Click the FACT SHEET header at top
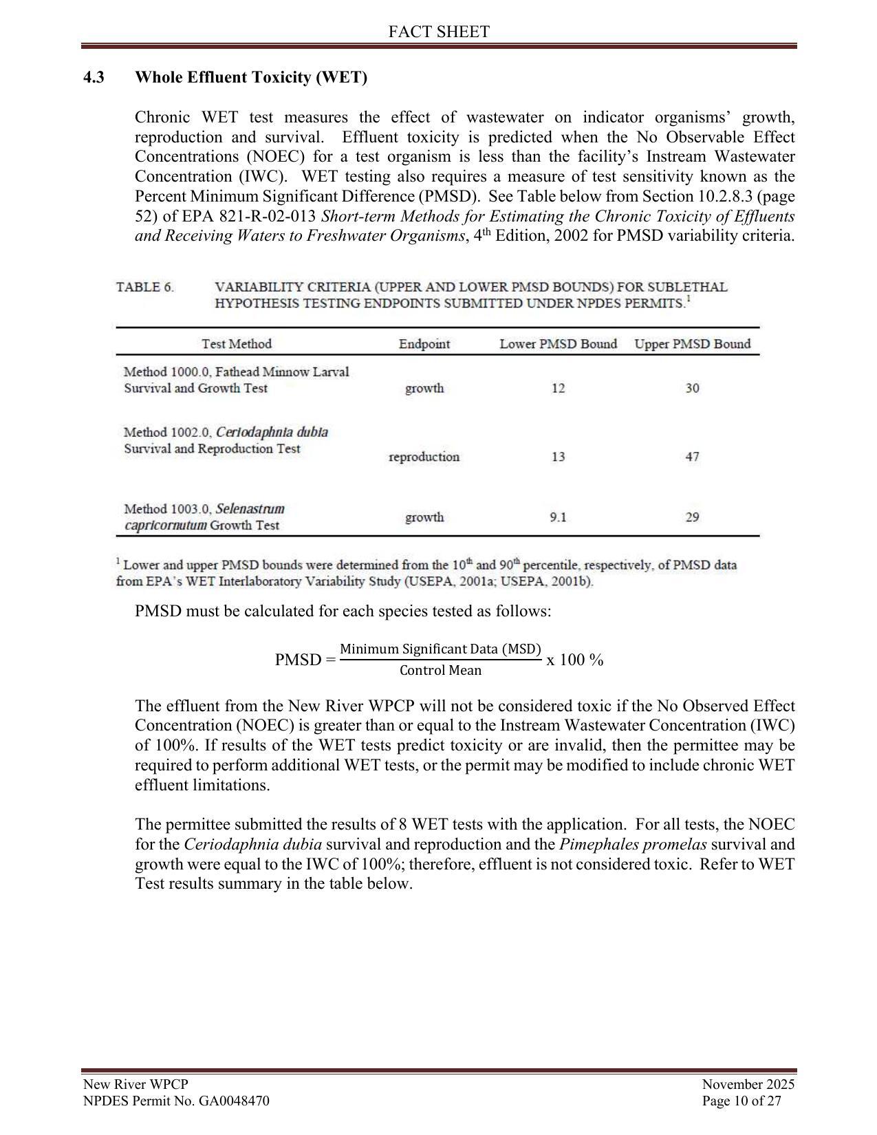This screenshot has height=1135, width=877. pyautogui.click(x=438, y=32)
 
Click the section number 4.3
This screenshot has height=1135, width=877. pyautogui.click(x=94, y=77)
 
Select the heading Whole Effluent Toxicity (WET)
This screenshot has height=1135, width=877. pyautogui.click(x=251, y=77)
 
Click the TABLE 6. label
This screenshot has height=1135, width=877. pyautogui.click(x=144, y=288)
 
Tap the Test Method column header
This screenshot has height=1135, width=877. pyautogui.click(x=236, y=344)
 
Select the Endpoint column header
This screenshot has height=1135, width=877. pyautogui.click(x=424, y=344)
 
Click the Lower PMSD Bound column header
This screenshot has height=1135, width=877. pyautogui.click(x=558, y=344)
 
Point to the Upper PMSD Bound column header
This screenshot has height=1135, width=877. pyautogui.click(x=692, y=344)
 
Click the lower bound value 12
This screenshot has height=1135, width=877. pyautogui.click(x=558, y=389)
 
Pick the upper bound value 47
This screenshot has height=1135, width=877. pyautogui.click(x=692, y=457)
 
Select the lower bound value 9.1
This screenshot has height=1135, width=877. pyautogui.click(x=558, y=517)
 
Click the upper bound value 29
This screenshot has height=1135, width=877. pyautogui.click(x=692, y=517)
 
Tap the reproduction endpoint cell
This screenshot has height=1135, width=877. pyautogui.click(x=424, y=457)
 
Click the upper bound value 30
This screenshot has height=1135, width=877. pyautogui.click(x=692, y=389)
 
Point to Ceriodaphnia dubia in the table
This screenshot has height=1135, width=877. pyautogui.click(x=272, y=432)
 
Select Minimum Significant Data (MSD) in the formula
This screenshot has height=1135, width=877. pyautogui.click(x=440, y=649)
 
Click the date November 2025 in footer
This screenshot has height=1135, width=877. pyautogui.click(x=747, y=1085)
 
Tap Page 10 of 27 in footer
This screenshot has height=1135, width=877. pyautogui.click(x=741, y=1101)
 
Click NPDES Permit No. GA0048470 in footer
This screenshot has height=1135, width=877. pyautogui.click(x=176, y=1101)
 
